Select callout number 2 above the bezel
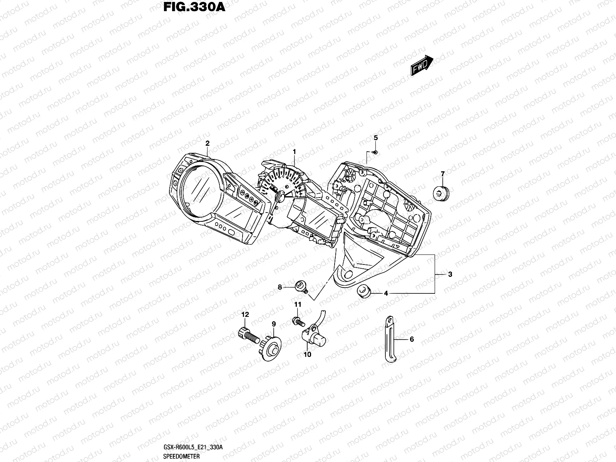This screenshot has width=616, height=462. tap(207, 143)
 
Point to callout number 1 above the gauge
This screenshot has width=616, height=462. tap(294, 152)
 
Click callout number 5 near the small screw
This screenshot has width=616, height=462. tap(376, 138)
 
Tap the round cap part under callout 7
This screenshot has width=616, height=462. tap(442, 192)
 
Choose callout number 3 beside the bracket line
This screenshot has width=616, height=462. tap(450, 275)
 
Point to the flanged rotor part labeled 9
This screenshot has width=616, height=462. tap(271, 347)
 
